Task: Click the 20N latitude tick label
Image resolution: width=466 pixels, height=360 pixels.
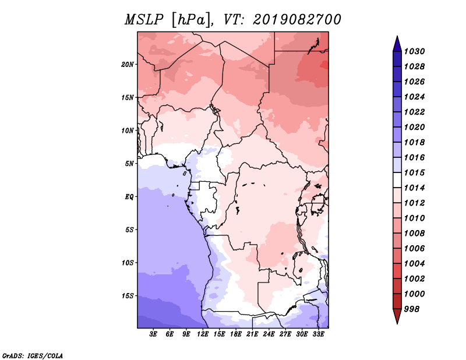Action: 128,65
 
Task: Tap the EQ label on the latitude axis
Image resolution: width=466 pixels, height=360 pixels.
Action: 129,197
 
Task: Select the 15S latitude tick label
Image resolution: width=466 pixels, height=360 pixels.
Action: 128,296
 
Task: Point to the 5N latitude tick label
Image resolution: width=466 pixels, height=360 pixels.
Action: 129,164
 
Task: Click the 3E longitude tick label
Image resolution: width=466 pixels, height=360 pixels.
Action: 153,334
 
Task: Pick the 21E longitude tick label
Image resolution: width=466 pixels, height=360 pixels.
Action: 252,334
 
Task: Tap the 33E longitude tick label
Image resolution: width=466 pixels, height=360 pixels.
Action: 318,334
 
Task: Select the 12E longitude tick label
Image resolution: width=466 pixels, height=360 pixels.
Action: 202,334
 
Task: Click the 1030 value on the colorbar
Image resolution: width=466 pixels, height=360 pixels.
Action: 414,51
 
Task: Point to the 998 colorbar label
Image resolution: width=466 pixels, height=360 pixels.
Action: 412,309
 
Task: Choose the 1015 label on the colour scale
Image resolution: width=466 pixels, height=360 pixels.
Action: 414,172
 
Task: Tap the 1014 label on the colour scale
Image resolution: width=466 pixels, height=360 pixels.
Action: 414,188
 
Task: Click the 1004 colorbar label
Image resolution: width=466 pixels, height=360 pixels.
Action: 414,264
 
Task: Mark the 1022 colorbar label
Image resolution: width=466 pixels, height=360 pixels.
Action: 414,112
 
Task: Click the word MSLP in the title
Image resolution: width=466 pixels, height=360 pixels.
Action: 144,20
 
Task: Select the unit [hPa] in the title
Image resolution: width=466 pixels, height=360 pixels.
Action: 192,20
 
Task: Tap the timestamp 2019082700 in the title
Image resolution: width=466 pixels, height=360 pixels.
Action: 296,20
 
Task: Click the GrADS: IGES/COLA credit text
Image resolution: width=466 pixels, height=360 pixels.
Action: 33,355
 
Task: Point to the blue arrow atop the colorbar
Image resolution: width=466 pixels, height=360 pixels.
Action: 397,44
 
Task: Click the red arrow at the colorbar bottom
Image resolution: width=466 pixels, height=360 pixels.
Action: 397,316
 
